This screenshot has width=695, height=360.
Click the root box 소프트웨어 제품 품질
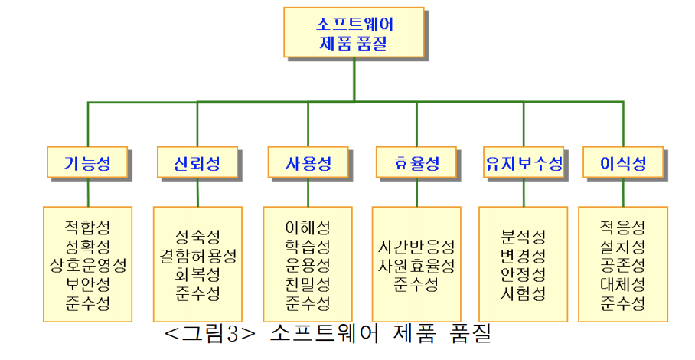(x=354, y=31)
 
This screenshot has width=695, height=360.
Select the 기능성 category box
(x=87, y=162)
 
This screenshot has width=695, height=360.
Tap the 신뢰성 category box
(x=197, y=162)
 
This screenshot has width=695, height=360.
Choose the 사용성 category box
(x=308, y=162)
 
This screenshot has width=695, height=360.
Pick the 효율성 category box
(x=416, y=162)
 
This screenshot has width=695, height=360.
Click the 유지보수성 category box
(x=524, y=162)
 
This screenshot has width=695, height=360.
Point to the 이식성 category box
(x=623, y=162)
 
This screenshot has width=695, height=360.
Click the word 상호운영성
(x=87, y=265)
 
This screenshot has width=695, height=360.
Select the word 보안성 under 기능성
(x=87, y=284)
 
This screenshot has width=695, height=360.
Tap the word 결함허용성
(x=197, y=255)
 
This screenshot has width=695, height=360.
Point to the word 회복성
(x=197, y=274)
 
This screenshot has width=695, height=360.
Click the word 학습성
(x=308, y=246)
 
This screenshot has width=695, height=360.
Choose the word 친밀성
(x=308, y=284)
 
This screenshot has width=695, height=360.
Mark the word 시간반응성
(x=416, y=247)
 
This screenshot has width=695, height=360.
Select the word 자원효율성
(x=416, y=266)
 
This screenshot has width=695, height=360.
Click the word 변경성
(x=524, y=255)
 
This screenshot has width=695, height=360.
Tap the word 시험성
(x=524, y=293)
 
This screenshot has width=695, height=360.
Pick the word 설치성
(x=623, y=246)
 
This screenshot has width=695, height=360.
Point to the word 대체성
(x=623, y=284)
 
